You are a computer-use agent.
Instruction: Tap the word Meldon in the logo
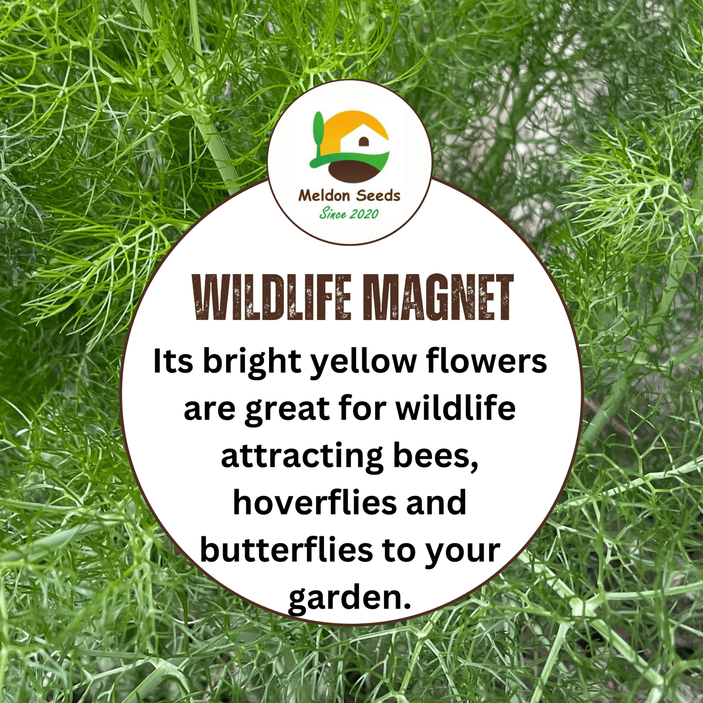(x=324, y=196)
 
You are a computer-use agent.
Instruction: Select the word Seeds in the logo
(x=378, y=196)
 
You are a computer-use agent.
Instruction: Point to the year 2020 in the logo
(x=364, y=214)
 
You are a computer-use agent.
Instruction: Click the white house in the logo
(x=361, y=138)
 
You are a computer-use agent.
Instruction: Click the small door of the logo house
(x=362, y=142)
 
